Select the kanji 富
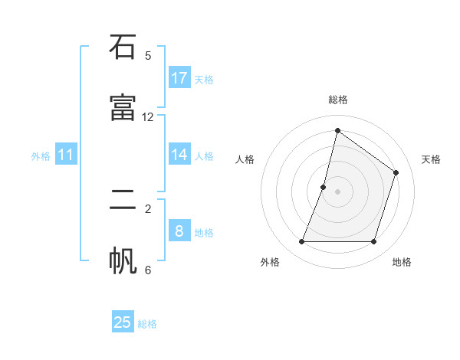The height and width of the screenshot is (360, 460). (123, 109)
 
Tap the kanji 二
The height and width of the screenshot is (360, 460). (123, 200)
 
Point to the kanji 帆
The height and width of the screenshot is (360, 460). (123, 261)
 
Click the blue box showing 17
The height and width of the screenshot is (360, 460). (179, 77)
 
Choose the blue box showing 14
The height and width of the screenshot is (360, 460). (179, 155)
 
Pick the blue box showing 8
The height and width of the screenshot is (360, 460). (179, 231)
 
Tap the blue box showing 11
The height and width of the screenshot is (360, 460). (66, 155)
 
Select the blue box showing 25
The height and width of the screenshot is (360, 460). (123, 322)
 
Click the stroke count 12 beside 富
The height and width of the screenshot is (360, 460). (148, 117)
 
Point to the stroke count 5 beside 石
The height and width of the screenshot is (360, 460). (148, 56)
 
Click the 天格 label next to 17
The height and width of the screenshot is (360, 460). (204, 79)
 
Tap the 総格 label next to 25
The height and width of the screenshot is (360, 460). (147, 324)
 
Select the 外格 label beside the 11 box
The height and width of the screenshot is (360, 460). (41, 156)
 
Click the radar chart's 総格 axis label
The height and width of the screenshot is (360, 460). (337, 100)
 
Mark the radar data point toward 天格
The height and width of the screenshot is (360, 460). (396, 172)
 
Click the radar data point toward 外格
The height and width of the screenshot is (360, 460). (301, 242)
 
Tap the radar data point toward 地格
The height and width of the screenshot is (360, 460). (374, 242)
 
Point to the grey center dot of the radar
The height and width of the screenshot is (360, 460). (337, 191)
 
